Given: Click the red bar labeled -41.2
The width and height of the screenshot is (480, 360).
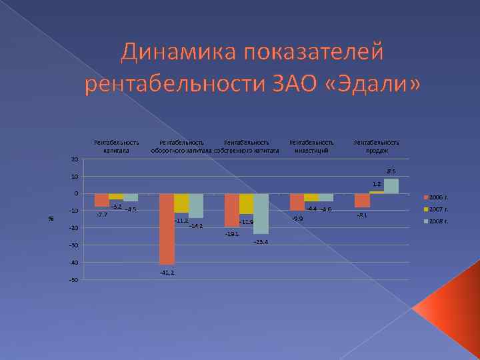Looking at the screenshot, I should (x=167, y=229).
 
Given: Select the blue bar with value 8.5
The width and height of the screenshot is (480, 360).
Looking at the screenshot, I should (x=391, y=186).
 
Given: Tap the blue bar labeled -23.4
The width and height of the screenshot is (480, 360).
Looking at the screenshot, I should (x=261, y=213).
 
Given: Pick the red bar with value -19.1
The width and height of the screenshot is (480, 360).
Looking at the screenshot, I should (x=231, y=210).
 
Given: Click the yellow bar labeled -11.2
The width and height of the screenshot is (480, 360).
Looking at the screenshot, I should (x=181, y=203).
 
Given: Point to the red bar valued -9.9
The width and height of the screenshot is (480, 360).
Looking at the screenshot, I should (x=297, y=202).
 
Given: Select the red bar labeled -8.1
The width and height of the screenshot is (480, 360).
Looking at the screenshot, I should (x=362, y=201).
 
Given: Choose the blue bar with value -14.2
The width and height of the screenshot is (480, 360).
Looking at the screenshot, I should (x=196, y=205).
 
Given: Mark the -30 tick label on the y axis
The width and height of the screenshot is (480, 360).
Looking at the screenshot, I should (x=73, y=245).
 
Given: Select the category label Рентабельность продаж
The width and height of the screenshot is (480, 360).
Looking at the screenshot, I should (x=377, y=146).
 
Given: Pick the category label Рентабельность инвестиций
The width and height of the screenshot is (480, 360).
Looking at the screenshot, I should (x=311, y=146).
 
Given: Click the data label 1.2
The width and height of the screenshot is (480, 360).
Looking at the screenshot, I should (x=377, y=183).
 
